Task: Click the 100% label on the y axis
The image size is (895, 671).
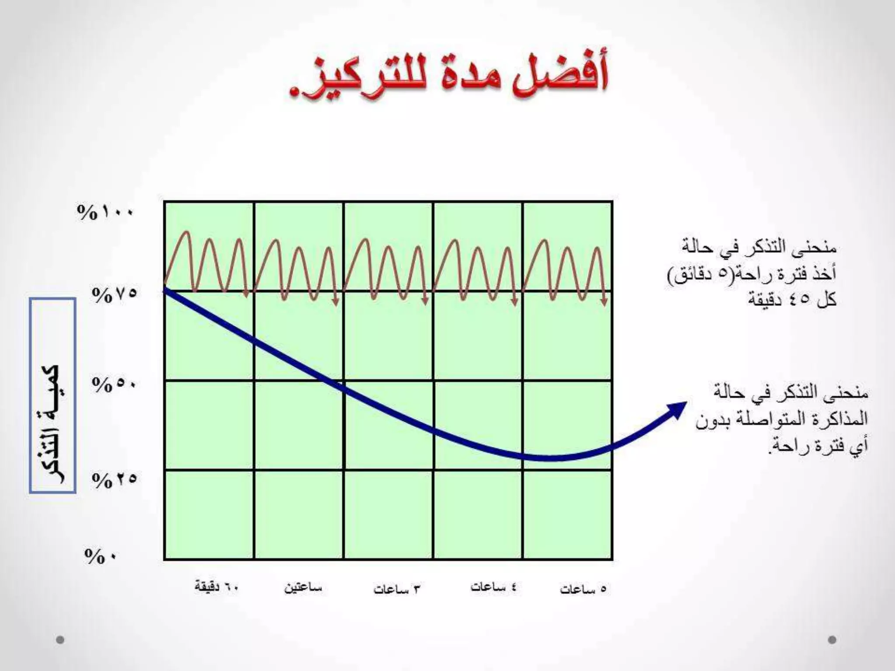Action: [105, 213]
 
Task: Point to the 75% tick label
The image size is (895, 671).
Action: [114, 295]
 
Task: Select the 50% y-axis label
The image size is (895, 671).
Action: [114, 385]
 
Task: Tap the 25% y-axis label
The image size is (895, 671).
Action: [114, 481]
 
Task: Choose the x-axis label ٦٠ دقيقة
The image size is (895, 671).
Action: [217, 587]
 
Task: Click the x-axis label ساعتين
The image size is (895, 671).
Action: [303, 588]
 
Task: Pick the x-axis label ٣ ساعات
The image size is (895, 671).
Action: [396, 589]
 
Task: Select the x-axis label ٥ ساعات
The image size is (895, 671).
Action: [583, 589]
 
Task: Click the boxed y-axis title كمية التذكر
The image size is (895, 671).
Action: [52, 396]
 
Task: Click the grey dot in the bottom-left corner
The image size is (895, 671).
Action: [60, 640]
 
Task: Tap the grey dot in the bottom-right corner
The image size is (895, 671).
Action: [832, 640]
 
